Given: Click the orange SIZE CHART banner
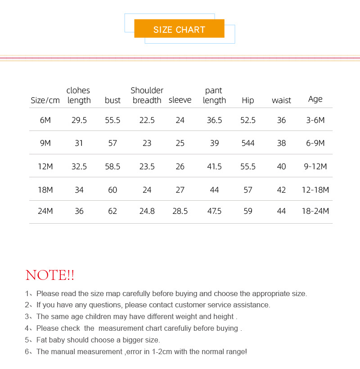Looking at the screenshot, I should pyautogui.click(x=179, y=29).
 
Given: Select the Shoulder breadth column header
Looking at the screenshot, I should pyautogui.click(x=147, y=95).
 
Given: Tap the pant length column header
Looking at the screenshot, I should pyautogui.click(x=214, y=95).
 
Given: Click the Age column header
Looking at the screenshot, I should pyautogui.click(x=315, y=99).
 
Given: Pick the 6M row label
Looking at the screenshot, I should pyautogui.click(x=45, y=120).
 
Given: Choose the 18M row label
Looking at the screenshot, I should pyautogui.click(x=45, y=190).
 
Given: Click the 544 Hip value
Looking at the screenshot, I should pyautogui.click(x=248, y=143).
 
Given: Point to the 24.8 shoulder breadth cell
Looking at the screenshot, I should pyautogui.click(x=147, y=211).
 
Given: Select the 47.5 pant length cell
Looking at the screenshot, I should pyautogui.click(x=214, y=211).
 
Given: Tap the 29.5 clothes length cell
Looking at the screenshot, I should pyautogui.click(x=79, y=120).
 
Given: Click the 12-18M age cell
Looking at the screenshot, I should pyautogui.click(x=315, y=190).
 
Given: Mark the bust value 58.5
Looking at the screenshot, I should pyautogui.click(x=112, y=166).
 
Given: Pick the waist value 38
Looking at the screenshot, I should pyautogui.click(x=281, y=143).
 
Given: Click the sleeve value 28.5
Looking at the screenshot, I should pyautogui.click(x=180, y=211).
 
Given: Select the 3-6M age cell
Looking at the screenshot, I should pyautogui.click(x=315, y=120).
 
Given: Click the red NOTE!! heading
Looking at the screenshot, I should pyautogui.click(x=50, y=275).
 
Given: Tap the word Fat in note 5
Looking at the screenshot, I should pyautogui.click(x=42, y=340).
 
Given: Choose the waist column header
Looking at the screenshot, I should pyautogui.click(x=281, y=100).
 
